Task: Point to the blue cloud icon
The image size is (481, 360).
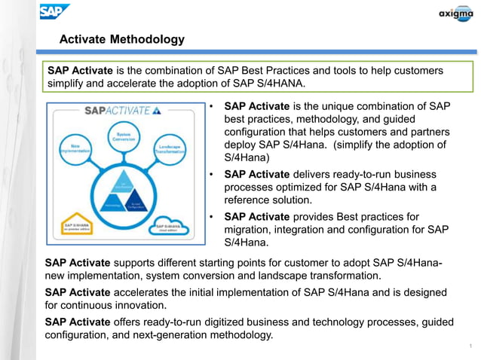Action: pyautogui.click(x=171, y=225)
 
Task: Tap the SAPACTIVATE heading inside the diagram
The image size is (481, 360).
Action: pyautogui.click(x=121, y=110)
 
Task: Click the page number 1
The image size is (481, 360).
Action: pyautogui.click(x=470, y=346)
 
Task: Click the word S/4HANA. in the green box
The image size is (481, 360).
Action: pyautogui.click(x=281, y=84)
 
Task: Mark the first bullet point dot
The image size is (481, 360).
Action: pyautogui.click(x=213, y=106)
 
